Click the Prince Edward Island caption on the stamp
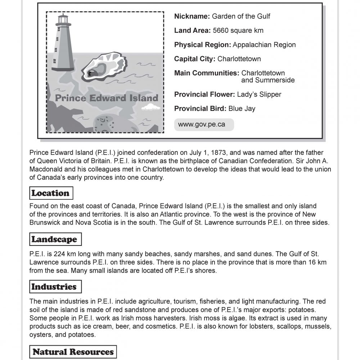pos(106,98)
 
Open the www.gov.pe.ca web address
pos(202,125)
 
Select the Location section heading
pos(50,193)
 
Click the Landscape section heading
pos(54,239)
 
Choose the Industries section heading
pos(54,287)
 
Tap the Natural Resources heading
pos(73,352)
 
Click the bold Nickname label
pos(192,16)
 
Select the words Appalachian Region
pos(264,45)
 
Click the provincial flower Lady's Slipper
pos(259,94)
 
